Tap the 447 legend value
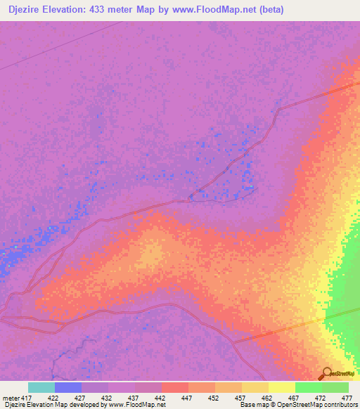click(186, 398)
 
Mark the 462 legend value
click(266, 398)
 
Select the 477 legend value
click(347, 398)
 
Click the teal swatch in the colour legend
click(41, 387)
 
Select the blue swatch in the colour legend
click(68, 387)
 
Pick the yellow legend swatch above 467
click(282, 387)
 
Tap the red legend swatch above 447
click(175, 387)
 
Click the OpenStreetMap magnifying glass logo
click(326, 373)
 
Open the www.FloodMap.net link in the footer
click(138, 405)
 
